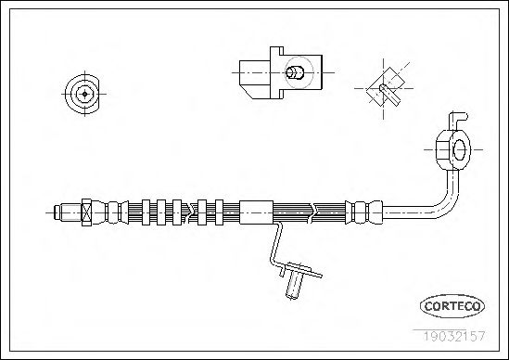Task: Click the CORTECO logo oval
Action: [x=452, y=306]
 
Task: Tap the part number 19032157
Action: [x=454, y=336]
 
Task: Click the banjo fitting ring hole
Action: [x=459, y=149]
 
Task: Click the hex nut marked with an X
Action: [x=86, y=212]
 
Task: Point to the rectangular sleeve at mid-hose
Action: [x=256, y=212]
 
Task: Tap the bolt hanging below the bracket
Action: [x=294, y=285]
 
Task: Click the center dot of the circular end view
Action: [x=84, y=94]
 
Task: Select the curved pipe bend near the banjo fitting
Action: [x=447, y=199]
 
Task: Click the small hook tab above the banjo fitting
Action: [x=458, y=117]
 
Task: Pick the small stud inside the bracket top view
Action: [x=295, y=72]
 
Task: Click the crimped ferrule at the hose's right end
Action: [x=363, y=212]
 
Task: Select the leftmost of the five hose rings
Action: [x=146, y=212]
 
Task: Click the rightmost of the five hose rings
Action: [x=219, y=212]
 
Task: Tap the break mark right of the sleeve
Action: [x=313, y=212]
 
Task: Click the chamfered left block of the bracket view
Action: [x=254, y=80]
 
